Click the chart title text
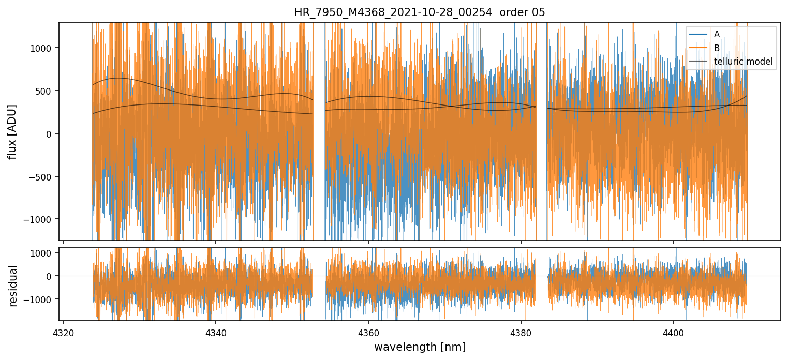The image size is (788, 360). click(x=420, y=12)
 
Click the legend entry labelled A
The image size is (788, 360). click(x=717, y=35)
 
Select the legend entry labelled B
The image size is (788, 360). click(x=717, y=48)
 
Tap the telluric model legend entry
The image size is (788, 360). click(x=743, y=62)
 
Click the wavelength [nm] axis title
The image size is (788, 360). click(x=420, y=347)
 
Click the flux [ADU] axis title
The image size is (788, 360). click(x=12, y=131)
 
